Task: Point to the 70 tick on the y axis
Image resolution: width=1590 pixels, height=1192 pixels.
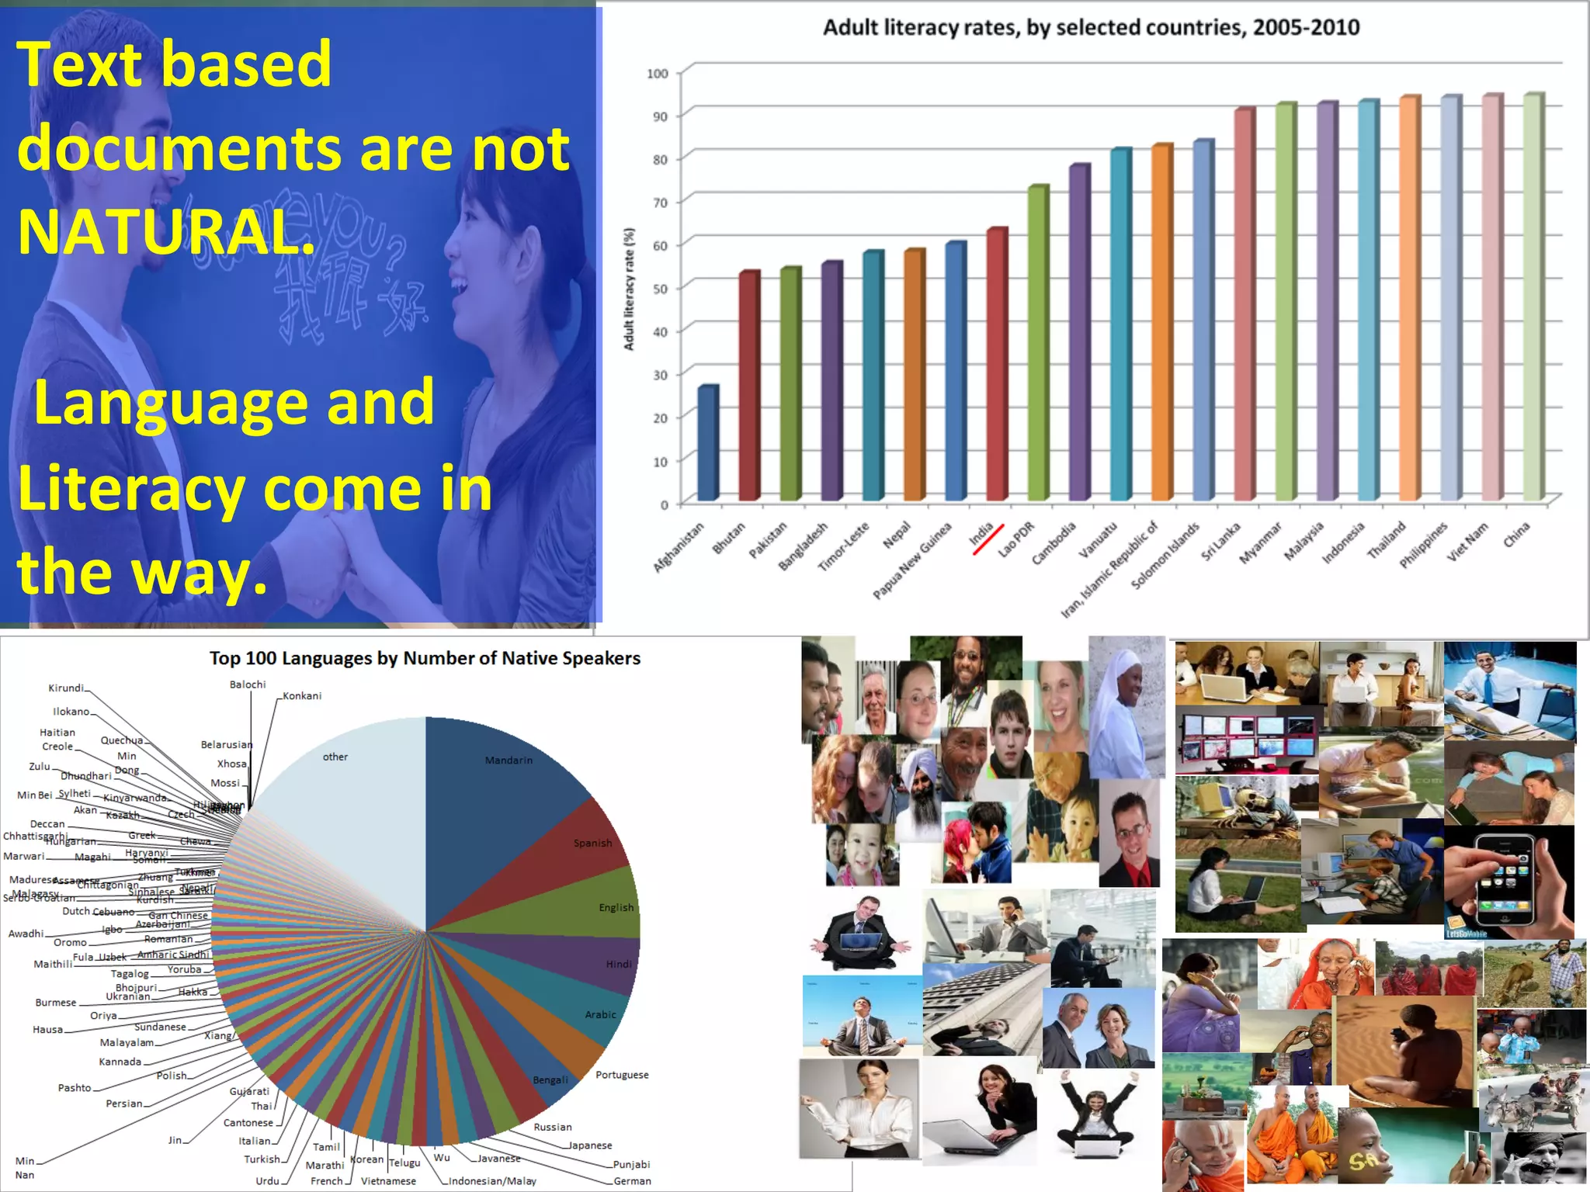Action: [660, 203]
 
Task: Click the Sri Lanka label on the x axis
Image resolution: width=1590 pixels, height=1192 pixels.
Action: [1221, 542]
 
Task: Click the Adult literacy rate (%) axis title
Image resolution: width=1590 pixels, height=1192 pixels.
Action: [629, 289]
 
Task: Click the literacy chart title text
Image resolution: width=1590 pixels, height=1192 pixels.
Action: [1091, 28]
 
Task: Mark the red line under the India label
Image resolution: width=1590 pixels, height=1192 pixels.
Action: [988, 540]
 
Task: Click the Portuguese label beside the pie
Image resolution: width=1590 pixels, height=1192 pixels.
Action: [622, 1075]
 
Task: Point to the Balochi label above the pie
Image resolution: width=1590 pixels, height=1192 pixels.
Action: [248, 684]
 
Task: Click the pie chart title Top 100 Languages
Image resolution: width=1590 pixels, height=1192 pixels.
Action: [425, 658]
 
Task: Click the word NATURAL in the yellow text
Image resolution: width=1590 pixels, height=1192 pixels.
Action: [166, 231]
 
